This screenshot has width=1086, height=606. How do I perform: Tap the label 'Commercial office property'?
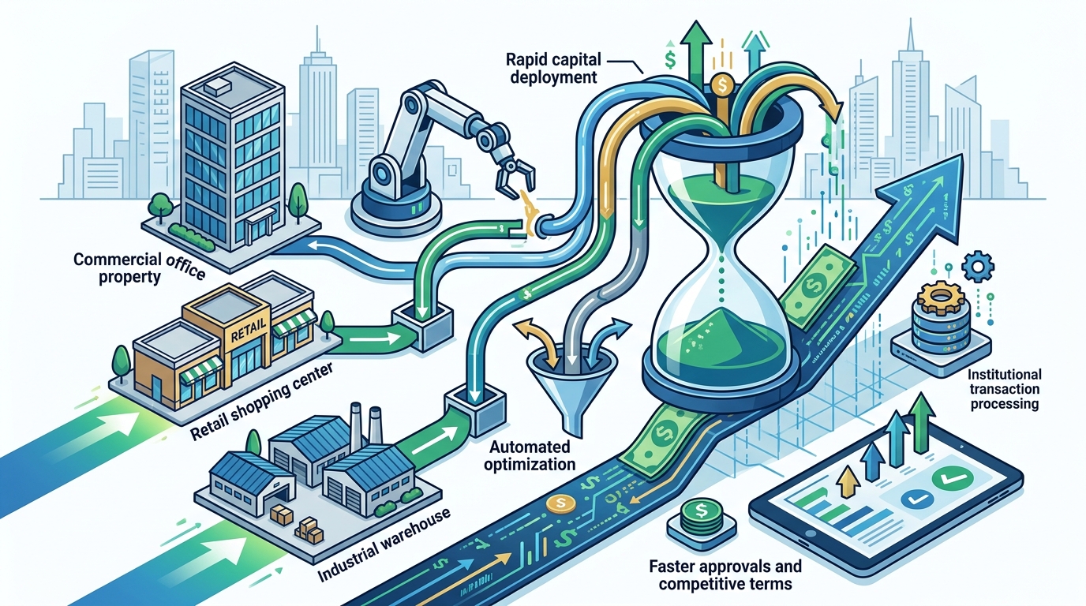[139, 268]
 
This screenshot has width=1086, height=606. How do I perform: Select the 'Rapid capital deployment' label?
[553, 68]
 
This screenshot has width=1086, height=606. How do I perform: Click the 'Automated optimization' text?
[530, 455]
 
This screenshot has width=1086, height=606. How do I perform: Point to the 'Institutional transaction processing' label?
[1004, 389]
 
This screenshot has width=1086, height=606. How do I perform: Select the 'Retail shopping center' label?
[260, 401]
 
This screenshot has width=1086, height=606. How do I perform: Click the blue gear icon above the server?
[978, 266]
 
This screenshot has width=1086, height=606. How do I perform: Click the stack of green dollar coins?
[701, 518]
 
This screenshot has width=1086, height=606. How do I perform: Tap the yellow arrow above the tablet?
[848, 481]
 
